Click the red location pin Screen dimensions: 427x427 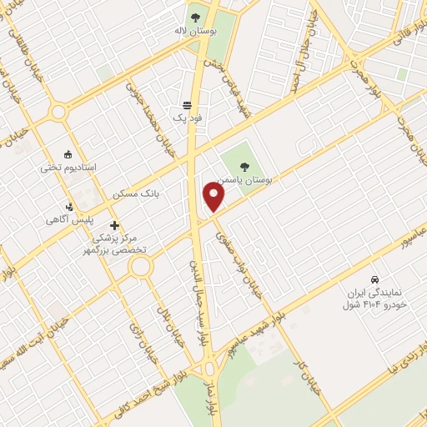214,197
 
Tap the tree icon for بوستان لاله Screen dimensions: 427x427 196,16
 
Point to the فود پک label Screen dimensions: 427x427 188,118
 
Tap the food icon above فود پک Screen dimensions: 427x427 188,107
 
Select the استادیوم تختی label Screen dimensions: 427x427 70,168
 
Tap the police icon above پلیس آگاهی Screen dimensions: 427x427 72,207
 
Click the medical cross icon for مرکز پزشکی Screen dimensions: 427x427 114,225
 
